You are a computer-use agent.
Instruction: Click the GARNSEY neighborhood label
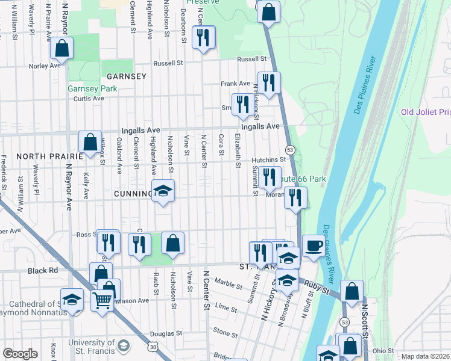126,76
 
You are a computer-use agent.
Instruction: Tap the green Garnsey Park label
92,88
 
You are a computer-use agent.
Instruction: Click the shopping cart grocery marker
102,299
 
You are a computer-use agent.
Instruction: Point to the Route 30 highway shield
154,347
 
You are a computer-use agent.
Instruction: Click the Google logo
20,354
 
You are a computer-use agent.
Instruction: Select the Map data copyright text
426,356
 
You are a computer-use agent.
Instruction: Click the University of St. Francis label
90,347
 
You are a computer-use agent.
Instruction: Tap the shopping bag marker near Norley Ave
61,48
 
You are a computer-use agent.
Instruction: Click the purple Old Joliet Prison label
426,113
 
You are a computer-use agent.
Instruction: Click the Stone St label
225,332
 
